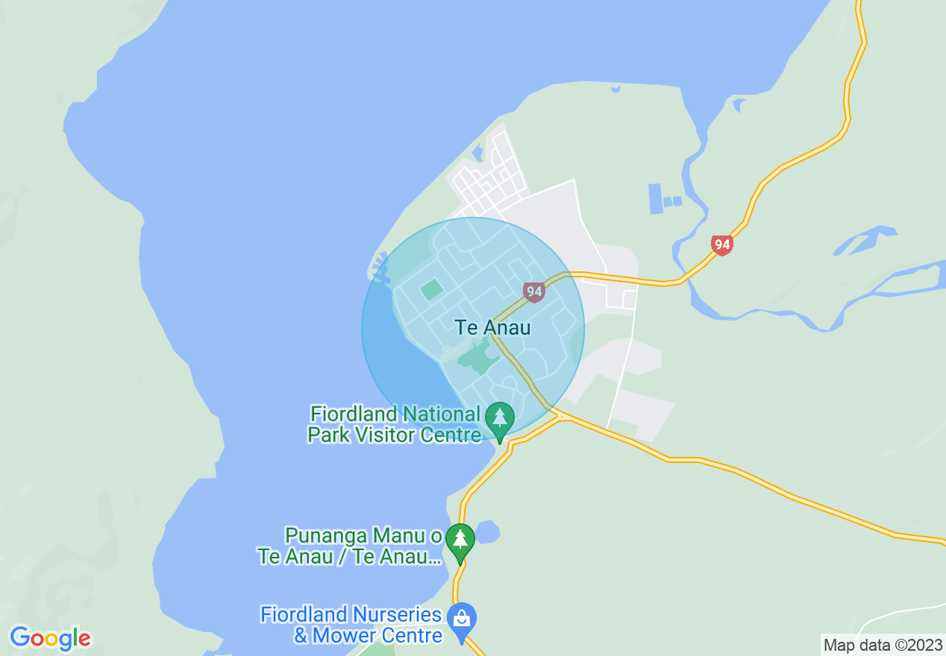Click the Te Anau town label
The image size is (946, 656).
[x=492, y=327]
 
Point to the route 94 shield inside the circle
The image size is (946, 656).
[x=533, y=291]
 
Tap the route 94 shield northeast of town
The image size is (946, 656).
[x=721, y=245]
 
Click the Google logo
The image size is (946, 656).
[x=50, y=638]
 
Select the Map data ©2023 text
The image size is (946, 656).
[x=883, y=646]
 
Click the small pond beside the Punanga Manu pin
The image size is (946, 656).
[x=486, y=532]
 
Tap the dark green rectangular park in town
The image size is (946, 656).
[x=431, y=289]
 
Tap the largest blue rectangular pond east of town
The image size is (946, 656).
[x=656, y=198]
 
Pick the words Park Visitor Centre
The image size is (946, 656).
[x=394, y=435]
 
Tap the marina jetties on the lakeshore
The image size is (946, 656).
[x=380, y=268]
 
